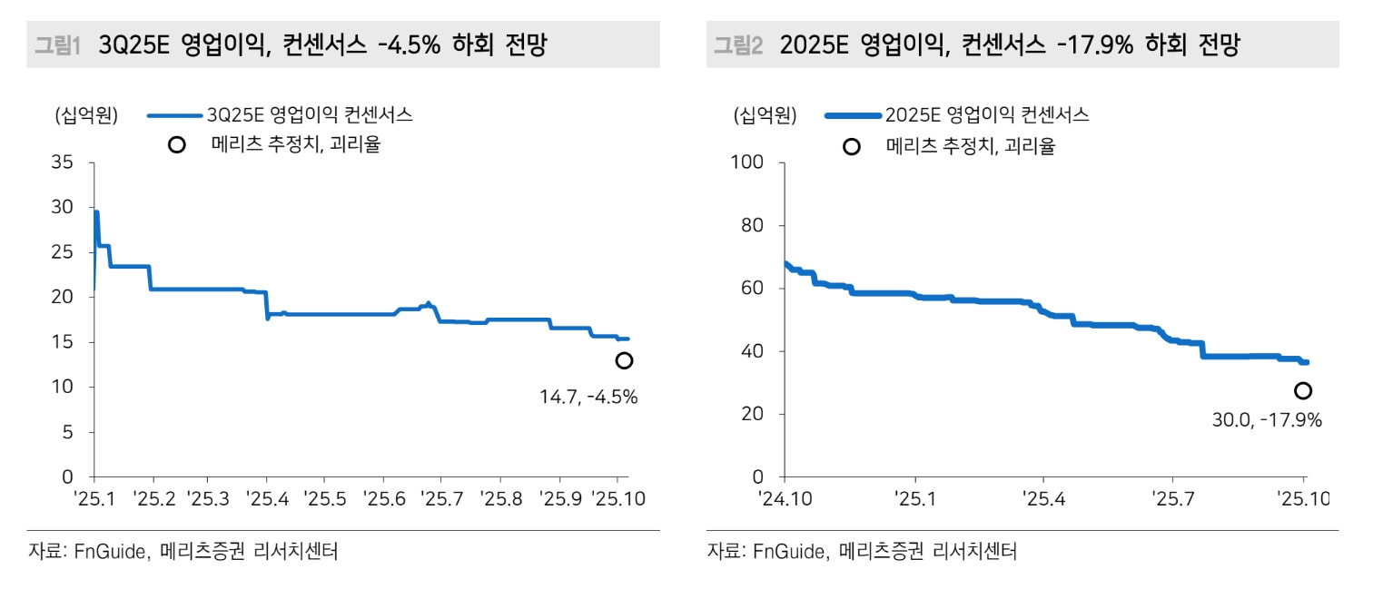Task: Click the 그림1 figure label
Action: (x=57, y=45)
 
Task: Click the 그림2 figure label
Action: (x=737, y=45)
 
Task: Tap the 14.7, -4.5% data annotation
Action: (x=588, y=397)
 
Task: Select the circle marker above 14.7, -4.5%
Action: (x=624, y=361)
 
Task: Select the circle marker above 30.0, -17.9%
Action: (x=1303, y=390)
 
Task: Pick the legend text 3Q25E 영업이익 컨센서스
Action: (x=310, y=115)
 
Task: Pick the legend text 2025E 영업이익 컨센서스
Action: (x=987, y=115)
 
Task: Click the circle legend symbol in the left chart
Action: (x=177, y=144)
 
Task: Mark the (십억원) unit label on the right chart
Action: (x=765, y=115)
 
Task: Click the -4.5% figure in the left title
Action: (x=407, y=45)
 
